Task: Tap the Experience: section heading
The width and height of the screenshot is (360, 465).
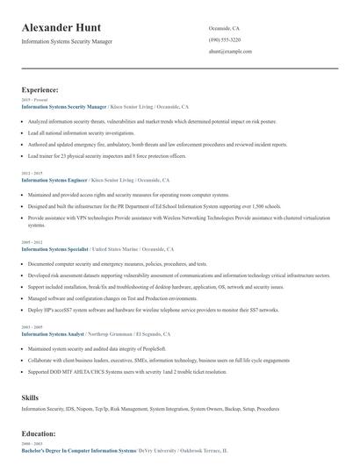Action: click(40, 89)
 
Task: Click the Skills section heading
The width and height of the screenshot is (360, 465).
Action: click(30, 397)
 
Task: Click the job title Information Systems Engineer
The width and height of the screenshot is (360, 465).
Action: click(54, 179)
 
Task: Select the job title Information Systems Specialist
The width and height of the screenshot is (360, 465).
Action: click(55, 249)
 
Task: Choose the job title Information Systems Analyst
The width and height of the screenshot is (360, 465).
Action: click(54, 334)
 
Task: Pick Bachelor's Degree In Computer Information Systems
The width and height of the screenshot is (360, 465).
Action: click(78, 450)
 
